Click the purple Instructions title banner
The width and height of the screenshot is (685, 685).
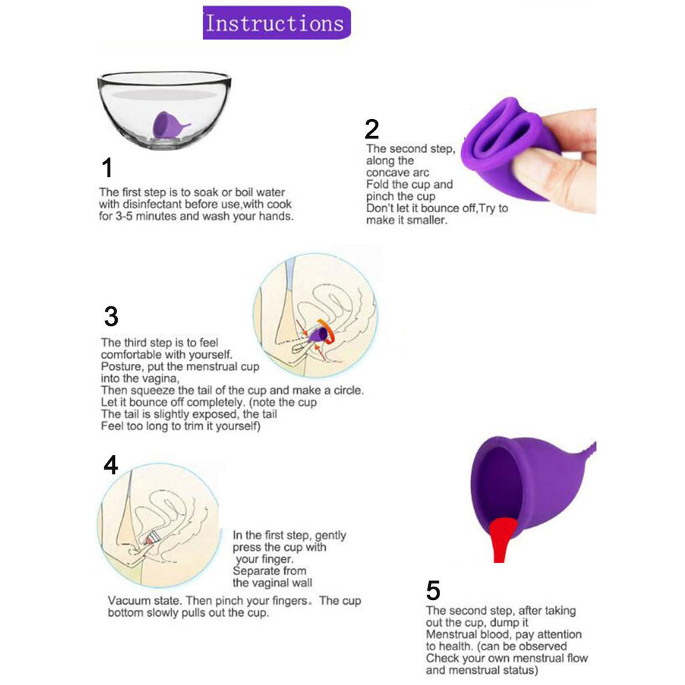276,23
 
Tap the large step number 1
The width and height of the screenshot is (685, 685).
108,168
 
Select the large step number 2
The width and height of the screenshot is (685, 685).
372,129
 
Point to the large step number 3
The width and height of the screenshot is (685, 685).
112,316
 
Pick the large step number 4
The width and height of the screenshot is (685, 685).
110,465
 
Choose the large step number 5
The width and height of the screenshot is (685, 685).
433,591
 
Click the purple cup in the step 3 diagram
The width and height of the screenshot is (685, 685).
318,334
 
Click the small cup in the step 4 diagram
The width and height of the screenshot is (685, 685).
152,539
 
